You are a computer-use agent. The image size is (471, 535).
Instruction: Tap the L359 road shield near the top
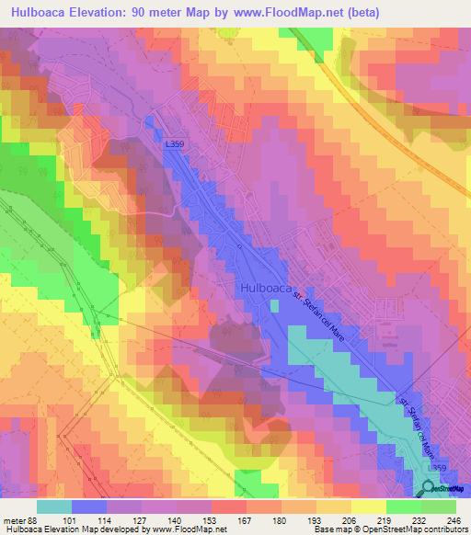click(175, 144)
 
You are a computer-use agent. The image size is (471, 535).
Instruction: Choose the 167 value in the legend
click(243, 519)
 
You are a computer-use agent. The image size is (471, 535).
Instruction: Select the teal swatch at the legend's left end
click(54, 507)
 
